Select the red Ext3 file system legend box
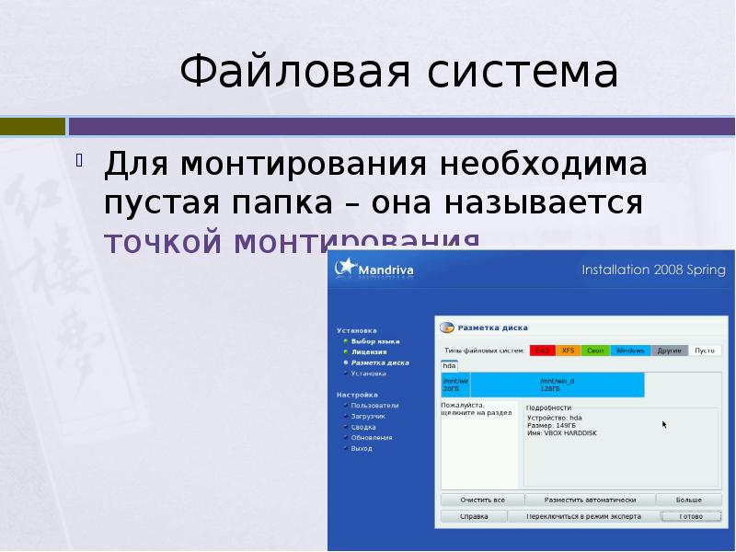click(x=542, y=351)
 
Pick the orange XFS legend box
click(x=569, y=351)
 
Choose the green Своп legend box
click(x=595, y=351)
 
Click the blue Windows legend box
click(x=630, y=351)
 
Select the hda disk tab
click(x=449, y=365)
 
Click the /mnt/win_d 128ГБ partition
click(x=558, y=385)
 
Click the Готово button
click(x=691, y=517)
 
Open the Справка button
click(x=474, y=517)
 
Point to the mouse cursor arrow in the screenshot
click(x=664, y=425)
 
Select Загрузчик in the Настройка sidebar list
click(x=368, y=417)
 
